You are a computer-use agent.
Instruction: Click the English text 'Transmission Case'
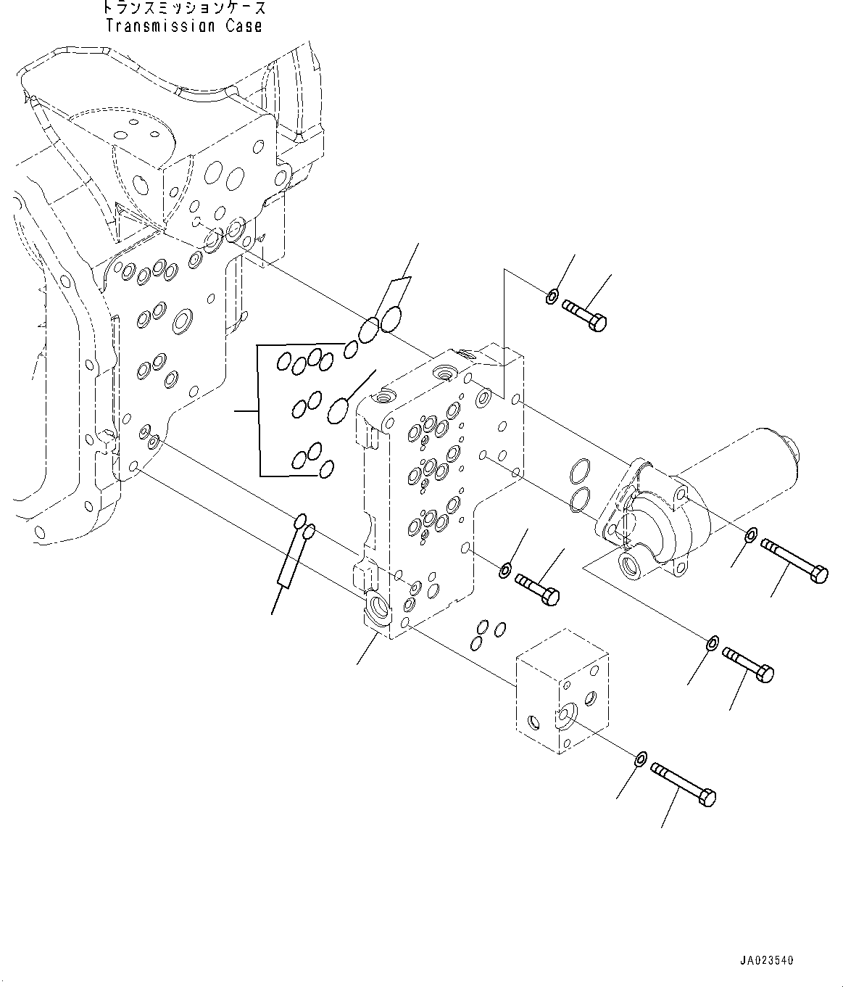point(183,26)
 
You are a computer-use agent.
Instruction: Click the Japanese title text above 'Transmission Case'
point(183,9)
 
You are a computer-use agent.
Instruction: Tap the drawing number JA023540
point(767,960)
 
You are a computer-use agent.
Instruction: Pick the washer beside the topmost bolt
point(552,296)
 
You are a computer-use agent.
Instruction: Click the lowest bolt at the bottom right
point(684,784)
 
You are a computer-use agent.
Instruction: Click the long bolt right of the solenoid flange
point(794,560)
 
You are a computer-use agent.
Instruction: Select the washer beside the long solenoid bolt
point(751,536)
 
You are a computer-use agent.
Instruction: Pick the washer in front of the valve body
point(504,571)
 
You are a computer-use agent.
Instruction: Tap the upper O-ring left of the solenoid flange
point(578,471)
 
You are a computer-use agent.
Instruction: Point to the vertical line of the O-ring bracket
point(259,411)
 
